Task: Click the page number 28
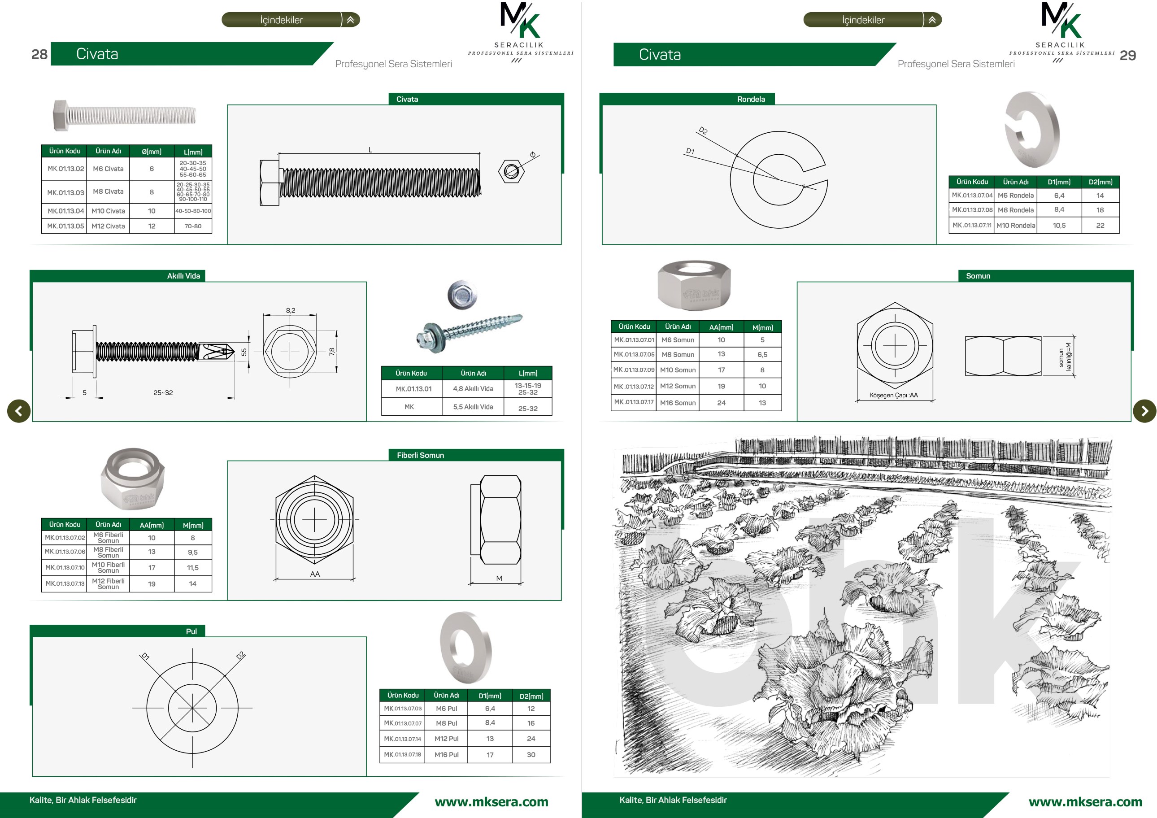[x=39, y=54]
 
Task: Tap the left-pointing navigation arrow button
[x=19, y=411]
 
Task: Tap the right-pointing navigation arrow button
[x=1144, y=411]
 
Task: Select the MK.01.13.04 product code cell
[x=65, y=211]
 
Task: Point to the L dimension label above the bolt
[x=370, y=150]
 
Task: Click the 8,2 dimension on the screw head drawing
[x=291, y=310]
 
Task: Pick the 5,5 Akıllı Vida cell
[x=473, y=407]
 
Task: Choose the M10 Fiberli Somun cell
[x=109, y=567]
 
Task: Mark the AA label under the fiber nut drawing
[x=315, y=574]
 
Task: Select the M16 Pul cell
[x=447, y=754]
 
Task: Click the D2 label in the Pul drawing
[x=241, y=655]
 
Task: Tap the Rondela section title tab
[x=751, y=99]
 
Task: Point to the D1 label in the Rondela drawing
[x=690, y=151]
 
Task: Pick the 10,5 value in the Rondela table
[x=1059, y=225]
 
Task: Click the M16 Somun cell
[x=678, y=403]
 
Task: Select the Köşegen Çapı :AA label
[x=893, y=395]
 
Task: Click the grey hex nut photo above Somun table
[x=694, y=285]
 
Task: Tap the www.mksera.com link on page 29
[x=1085, y=802]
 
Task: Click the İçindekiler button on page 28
[x=290, y=20]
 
